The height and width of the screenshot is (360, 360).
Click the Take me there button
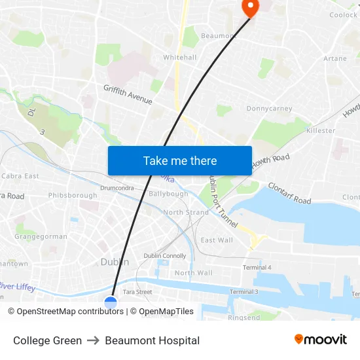click(x=180, y=161)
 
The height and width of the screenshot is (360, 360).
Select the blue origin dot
click(x=111, y=303)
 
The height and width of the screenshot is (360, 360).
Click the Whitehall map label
click(x=180, y=58)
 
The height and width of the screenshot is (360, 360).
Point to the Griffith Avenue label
click(x=128, y=94)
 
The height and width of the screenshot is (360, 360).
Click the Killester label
click(x=321, y=130)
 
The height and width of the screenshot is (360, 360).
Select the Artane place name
click(x=335, y=59)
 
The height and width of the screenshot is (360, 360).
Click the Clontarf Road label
click(x=289, y=191)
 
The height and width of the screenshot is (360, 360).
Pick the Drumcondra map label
click(x=118, y=188)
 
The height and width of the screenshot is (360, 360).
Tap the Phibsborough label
click(x=72, y=195)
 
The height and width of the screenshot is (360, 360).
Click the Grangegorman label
click(x=41, y=236)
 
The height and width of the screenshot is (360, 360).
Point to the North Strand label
click(x=186, y=212)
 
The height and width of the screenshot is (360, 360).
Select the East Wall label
click(x=217, y=240)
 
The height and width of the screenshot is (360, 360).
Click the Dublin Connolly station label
click(x=165, y=256)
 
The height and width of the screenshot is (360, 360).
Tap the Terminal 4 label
click(x=257, y=268)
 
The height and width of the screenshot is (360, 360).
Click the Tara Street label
click(x=137, y=292)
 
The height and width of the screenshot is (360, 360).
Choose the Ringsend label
click(x=243, y=317)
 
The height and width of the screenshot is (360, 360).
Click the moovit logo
click(x=321, y=340)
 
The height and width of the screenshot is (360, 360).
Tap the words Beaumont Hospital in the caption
click(x=153, y=340)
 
